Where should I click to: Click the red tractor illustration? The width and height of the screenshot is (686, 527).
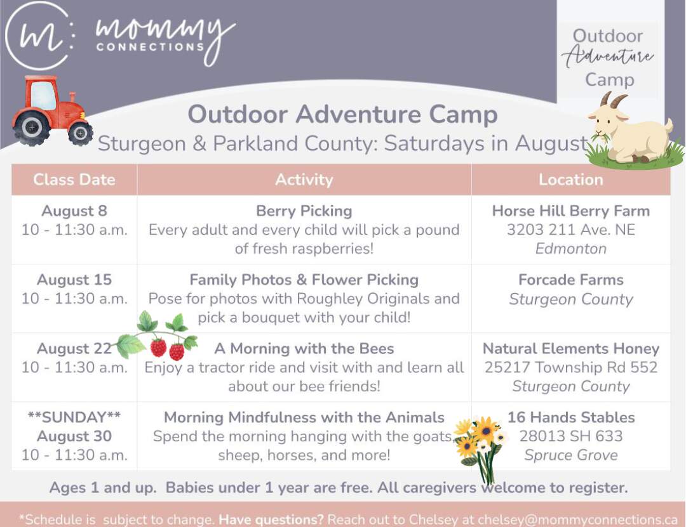(51, 111)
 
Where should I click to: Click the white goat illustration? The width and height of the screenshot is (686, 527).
(633, 131)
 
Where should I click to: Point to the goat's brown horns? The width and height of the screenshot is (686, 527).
(612, 100)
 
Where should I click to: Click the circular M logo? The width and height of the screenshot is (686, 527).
(39, 36)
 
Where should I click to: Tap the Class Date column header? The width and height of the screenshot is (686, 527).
(74, 179)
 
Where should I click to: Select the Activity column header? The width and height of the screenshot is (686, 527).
(304, 179)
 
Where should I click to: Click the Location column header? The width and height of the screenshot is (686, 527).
(570, 179)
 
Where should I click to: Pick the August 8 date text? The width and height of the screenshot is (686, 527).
(74, 211)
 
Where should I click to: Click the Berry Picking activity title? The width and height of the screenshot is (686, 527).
(304, 211)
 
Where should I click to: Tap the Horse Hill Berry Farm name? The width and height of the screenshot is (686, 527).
(570, 211)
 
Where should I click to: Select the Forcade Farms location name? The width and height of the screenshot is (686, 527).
(570, 280)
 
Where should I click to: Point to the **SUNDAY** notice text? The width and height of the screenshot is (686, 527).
(74, 417)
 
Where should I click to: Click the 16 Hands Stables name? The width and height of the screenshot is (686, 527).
(570, 417)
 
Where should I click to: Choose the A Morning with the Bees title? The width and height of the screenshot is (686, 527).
(304, 349)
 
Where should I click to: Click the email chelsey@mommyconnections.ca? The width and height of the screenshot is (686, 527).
(577, 519)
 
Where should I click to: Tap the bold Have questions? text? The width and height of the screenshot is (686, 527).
(271, 519)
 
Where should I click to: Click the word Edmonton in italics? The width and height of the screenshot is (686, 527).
(570, 249)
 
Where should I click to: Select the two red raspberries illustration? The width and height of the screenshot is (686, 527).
(168, 349)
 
